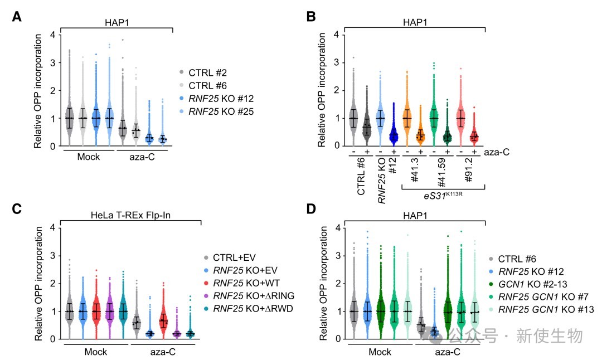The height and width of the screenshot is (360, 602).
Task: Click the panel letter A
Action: point(17,17)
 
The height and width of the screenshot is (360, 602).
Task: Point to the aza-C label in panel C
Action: point(163,353)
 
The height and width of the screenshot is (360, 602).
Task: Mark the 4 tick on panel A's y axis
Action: point(52,35)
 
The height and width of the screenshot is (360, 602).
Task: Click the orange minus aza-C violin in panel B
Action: point(407,118)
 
